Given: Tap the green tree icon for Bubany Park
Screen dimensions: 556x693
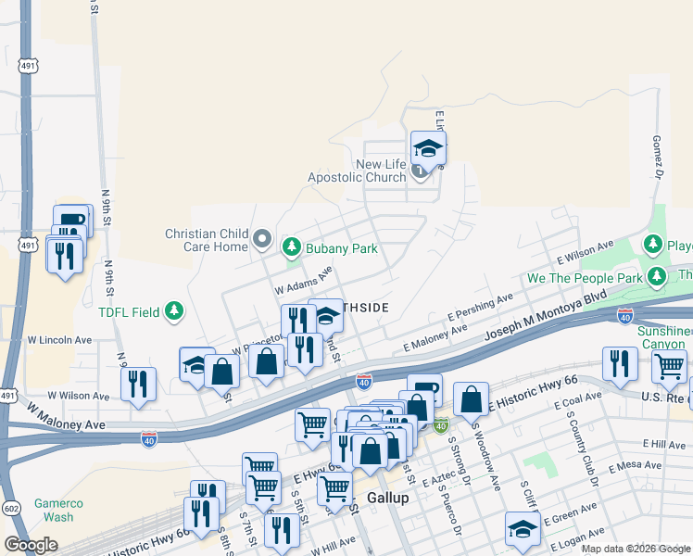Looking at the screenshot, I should (292, 246).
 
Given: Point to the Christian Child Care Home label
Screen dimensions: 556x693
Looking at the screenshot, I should (206, 241).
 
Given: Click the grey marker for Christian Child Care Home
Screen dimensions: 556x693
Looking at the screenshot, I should (262, 241).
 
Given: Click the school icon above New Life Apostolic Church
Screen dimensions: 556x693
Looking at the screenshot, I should (428, 147).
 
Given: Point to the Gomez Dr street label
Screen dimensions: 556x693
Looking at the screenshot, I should (658, 158).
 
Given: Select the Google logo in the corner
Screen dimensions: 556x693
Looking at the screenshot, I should (30, 545).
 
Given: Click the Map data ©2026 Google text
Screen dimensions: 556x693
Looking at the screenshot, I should (634, 549).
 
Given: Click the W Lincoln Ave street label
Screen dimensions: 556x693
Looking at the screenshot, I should (60, 339).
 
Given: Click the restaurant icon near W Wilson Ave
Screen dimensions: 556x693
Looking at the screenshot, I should (138, 383).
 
